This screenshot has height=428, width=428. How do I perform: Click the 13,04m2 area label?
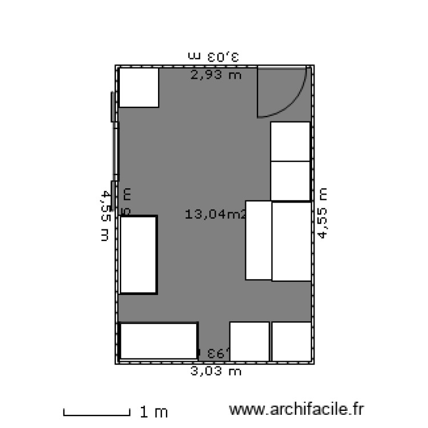tap(215, 215)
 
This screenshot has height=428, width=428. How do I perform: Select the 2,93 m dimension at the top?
tap(216, 74)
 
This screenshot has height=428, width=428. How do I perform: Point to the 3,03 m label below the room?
tap(216, 372)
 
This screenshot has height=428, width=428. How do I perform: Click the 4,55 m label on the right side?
tap(323, 214)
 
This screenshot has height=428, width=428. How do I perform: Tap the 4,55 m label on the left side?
tap(104, 216)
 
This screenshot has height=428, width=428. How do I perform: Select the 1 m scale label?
tap(154, 411)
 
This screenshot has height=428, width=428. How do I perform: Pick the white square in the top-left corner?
tap(138, 87)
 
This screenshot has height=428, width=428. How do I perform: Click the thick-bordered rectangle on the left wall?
tap(138, 255)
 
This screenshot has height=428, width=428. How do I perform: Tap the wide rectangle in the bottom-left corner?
tap(159, 341)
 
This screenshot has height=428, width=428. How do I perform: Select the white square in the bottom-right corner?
tap(291, 341)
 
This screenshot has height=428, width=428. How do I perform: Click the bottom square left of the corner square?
tap(249, 341)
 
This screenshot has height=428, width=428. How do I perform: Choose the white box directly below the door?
tap(290, 142)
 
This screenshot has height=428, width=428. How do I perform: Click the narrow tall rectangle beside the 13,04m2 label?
tap(258, 240)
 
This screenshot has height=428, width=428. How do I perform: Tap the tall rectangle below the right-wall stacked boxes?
tap(291, 241)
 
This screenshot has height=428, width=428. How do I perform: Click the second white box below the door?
tap(290, 181)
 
